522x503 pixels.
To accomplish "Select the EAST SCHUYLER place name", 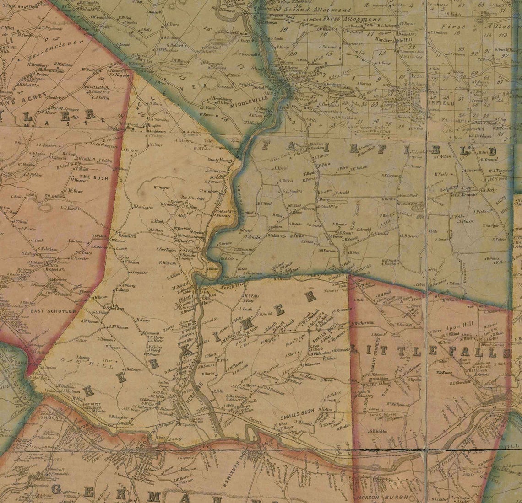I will pyautogui.click(x=46, y=311).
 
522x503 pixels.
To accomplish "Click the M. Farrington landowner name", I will pyautogui.click(x=143, y=207).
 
